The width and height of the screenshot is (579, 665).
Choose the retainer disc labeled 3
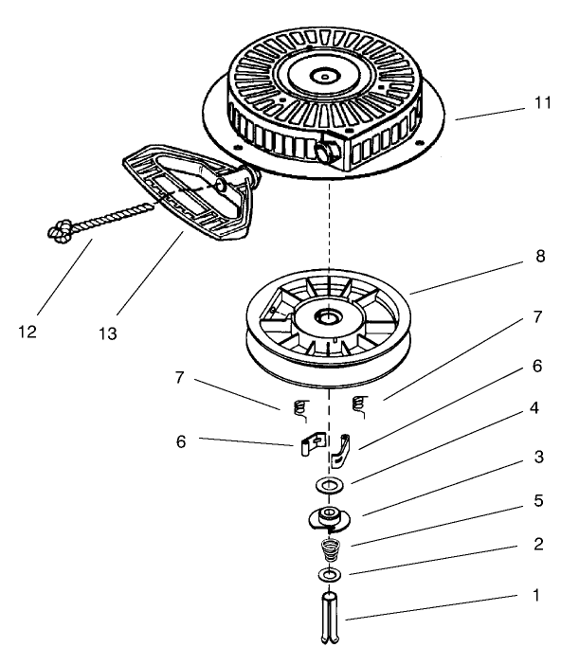point(329,518)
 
